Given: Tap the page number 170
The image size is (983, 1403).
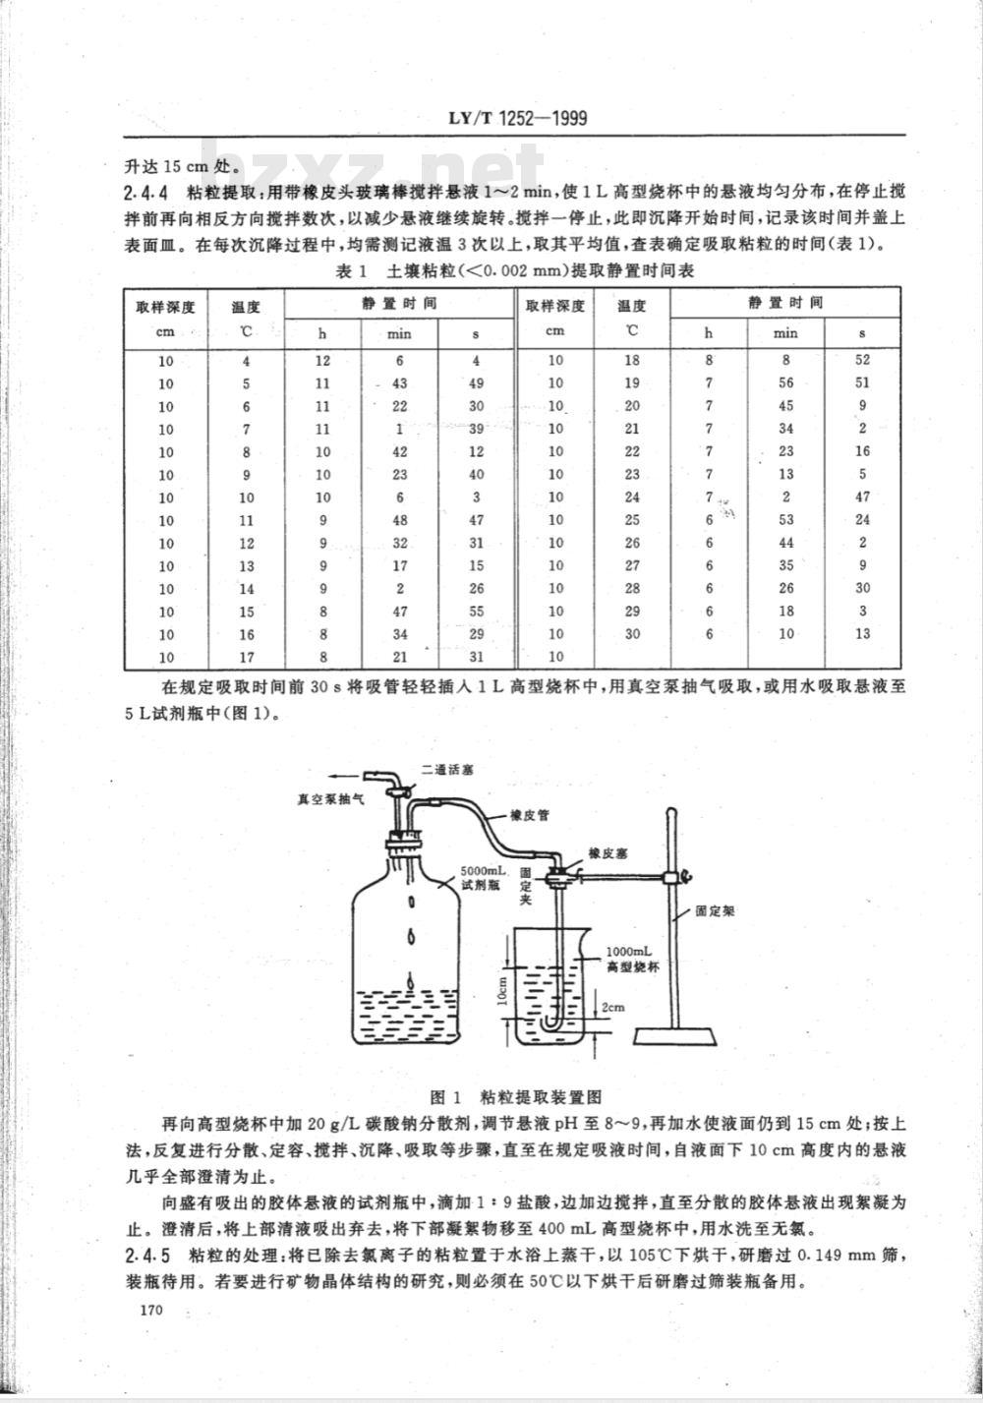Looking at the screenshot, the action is tap(152, 1310).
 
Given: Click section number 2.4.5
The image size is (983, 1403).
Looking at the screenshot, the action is tap(146, 1256).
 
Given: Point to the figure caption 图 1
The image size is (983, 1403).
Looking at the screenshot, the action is tap(446, 1096).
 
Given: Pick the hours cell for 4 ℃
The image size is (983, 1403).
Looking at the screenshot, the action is tap(322, 361).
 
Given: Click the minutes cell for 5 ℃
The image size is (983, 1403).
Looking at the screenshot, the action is tap(399, 383).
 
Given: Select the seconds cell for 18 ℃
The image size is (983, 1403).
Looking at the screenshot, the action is tap(862, 360).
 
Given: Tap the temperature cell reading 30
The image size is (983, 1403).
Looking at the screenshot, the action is tap(632, 633).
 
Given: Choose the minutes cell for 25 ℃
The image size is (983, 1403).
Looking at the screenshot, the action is tap(785, 519).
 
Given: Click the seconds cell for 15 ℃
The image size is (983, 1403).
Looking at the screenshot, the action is tap(477, 612).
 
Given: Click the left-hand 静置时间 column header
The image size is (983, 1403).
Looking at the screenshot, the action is tap(399, 304).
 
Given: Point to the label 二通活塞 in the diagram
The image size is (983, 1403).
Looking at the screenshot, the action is tap(446, 769).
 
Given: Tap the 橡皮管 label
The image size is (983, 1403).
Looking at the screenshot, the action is tap(530, 815).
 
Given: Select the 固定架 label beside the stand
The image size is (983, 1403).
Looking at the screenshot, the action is tap(715, 910).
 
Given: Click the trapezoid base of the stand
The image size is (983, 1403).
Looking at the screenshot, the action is tap(675, 1036).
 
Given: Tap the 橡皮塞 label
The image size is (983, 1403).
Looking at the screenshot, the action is tap(607, 853).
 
